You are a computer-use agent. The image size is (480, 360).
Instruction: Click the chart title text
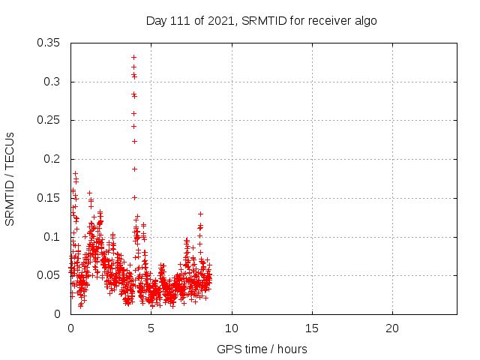(x=261, y=20)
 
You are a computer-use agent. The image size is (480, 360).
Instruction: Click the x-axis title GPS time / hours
(x=262, y=349)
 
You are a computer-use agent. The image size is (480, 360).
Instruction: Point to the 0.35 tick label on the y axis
(x=50, y=43)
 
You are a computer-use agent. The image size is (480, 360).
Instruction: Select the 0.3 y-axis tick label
(x=53, y=82)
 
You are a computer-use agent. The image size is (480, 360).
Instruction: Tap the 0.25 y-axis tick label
(x=50, y=120)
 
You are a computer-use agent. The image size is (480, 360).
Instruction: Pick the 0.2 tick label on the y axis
(x=53, y=159)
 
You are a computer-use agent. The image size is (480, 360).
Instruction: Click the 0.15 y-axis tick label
(x=50, y=198)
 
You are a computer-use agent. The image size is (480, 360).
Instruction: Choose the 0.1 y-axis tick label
(x=53, y=236)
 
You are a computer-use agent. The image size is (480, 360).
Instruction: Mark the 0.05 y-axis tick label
(x=50, y=275)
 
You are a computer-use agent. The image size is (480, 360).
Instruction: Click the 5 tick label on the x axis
(x=151, y=328)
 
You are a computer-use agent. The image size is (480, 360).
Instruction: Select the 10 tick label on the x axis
(x=232, y=328)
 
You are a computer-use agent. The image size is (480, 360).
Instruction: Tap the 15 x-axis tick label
(x=312, y=328)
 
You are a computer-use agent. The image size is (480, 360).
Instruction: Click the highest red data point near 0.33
(x=133, y=57)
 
